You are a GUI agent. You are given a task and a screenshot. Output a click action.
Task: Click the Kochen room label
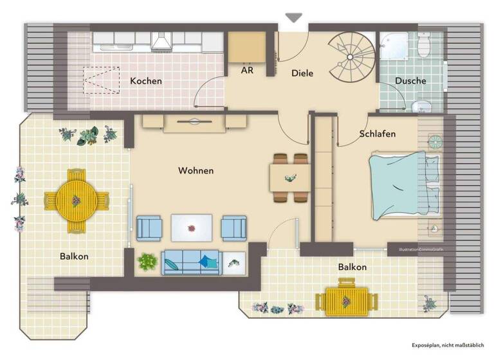pos(146,81)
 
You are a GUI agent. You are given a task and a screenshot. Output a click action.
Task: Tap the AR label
pos(246,70)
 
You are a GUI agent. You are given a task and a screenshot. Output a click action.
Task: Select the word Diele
pos(302,73)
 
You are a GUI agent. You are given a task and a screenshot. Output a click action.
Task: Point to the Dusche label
pos(410,81)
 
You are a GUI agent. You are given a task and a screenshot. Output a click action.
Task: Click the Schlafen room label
pos(377,134)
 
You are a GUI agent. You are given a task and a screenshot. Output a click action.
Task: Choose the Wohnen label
pos(196,170)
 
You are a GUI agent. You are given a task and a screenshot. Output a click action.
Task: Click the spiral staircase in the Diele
pos(351,55)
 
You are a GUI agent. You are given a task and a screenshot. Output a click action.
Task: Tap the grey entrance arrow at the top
pos(294,18)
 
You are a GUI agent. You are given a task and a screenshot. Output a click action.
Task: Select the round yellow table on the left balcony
pos(76,201)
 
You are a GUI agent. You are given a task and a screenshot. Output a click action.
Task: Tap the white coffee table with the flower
pos(192,228)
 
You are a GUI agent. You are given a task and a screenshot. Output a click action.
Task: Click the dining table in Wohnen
pos(290,178)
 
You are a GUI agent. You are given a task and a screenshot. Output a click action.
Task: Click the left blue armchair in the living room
pos(149,228)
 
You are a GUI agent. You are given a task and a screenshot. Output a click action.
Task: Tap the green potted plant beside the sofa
pos(147,262)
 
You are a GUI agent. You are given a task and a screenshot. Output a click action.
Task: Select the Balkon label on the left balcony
pos(74,256)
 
